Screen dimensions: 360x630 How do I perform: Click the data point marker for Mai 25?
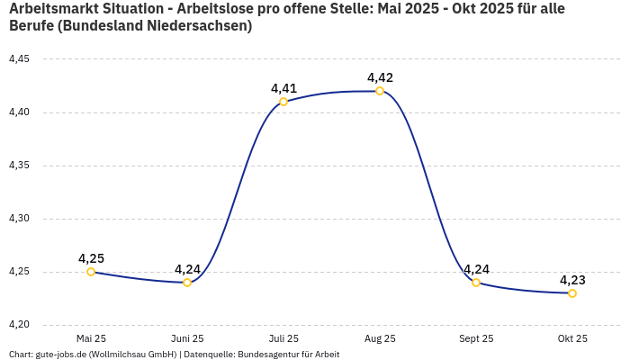pos(91,272)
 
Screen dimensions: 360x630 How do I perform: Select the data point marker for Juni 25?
pos(187,283)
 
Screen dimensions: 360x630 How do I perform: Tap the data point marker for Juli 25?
pos(283,102)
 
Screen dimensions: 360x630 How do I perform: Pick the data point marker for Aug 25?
pos(380,91)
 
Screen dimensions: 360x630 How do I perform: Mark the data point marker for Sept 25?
pos(476,283)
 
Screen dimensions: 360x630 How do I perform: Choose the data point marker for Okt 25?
pos(572,293)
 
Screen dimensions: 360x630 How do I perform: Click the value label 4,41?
pos(283,88)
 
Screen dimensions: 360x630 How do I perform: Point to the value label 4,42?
pos(380,77)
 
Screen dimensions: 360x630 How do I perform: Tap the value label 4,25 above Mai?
pos(91,258)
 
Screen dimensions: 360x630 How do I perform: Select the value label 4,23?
pos(572,280)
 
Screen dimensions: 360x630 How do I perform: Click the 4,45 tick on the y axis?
pos(19,59)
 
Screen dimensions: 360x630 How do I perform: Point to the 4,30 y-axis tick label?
pos(19,219)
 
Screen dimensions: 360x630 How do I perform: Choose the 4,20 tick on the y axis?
pos(19,325)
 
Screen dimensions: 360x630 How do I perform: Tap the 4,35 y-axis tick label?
pos(19,166)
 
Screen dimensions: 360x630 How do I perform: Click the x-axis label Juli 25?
pos(283,338)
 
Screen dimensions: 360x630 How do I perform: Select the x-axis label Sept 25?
pos(476,338)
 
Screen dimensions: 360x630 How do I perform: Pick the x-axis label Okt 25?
pos(572,338)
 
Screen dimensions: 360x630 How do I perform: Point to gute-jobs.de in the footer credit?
pos(66,355)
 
